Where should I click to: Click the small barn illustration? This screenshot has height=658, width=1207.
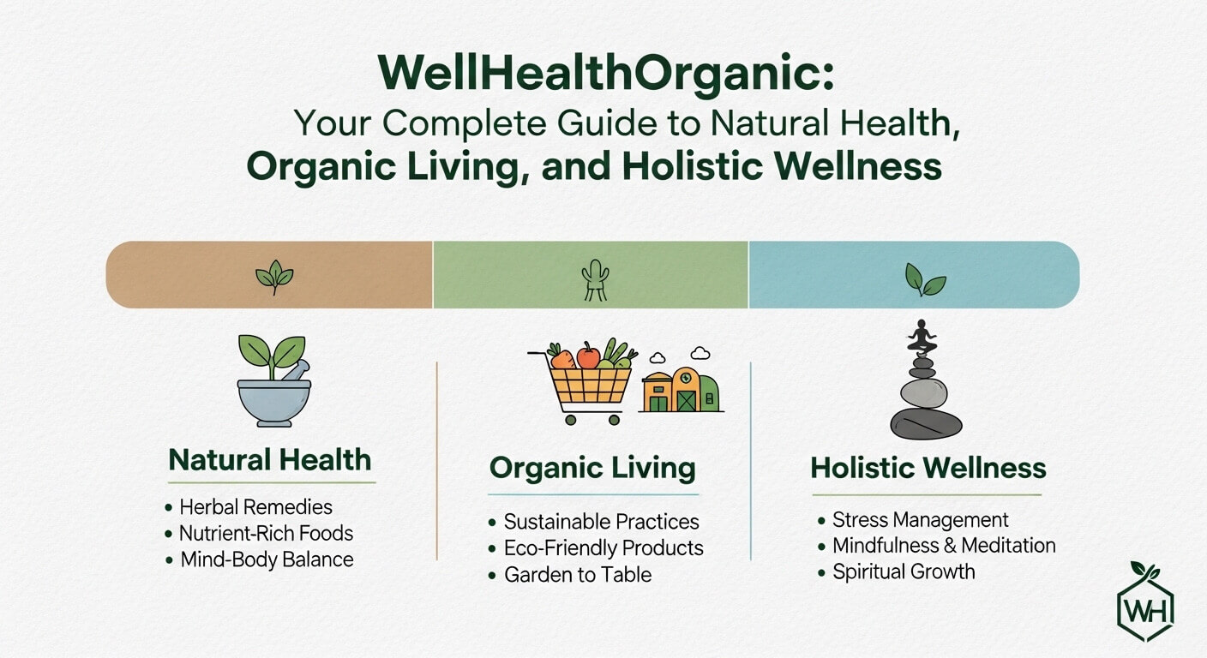tap(681, 389)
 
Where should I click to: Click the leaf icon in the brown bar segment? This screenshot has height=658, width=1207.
tap(274, 277)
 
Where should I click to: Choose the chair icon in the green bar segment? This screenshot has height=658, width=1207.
tap(592, 279)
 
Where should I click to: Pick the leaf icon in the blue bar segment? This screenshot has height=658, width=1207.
tap(925, 278)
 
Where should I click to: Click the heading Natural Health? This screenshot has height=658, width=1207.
tap(270, 460)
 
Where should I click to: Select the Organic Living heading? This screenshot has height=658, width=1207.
tap(592, 469)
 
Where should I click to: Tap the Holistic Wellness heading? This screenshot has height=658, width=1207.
tap(928, 468)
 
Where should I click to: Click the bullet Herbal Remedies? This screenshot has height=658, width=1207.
tap(255, 507)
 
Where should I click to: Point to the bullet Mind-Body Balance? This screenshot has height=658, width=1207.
tap(267, 559)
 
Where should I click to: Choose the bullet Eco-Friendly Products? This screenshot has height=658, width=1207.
tap(603, 547)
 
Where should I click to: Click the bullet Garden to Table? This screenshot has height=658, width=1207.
tap(578, 574)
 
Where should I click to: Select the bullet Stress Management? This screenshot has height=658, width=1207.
tap(921, 519)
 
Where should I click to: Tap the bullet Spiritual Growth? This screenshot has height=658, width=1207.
tap(904, 571)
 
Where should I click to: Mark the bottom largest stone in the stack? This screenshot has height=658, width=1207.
tap(926, 423)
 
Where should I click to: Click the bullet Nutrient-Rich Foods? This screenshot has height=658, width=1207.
tap(266, 533)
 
